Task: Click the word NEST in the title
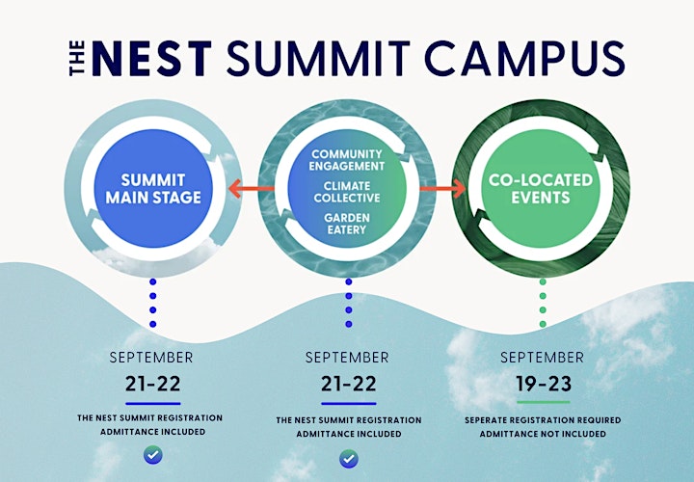click(152, 59)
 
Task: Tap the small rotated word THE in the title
click(77, 59)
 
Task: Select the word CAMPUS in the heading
click(524, 59)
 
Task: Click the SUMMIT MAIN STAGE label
click(153, 189)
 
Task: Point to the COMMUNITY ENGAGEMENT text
click(347, 160)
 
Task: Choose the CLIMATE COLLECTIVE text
click(347, 192)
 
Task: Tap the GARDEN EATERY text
click(347, 224)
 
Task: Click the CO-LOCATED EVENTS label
click(541, 189)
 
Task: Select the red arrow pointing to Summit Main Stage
click(251, 189)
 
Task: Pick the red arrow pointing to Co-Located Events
click(442, 189)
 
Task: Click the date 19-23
click(544, 384)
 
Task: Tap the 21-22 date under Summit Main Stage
click(152, 384)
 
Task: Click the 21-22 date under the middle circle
click(349, 384)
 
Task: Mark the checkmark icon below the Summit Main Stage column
click(153, 455)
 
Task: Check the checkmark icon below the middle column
click(349, 459)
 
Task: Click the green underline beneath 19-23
click(544, 402)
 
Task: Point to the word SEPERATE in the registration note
click(486, 420)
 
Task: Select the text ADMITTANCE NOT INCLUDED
click(543, 434)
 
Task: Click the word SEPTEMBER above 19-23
click(542, 358)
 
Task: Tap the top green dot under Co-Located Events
click(543, 281)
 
